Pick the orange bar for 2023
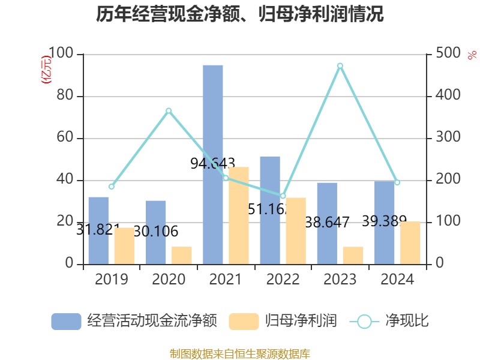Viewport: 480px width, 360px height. click(353, 255)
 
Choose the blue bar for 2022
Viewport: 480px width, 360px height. click(270, 210)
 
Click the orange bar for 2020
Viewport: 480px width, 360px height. click(182, 255)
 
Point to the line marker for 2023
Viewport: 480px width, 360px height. click(340, 65)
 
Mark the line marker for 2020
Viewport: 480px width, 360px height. click(169, 110)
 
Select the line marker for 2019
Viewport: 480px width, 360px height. click(112, 187)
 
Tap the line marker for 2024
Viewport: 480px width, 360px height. click(397, 182)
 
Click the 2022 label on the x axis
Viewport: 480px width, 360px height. click(283, 280)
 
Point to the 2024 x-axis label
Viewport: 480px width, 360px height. click(397, 280)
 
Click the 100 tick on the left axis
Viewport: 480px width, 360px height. click(61, 54)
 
